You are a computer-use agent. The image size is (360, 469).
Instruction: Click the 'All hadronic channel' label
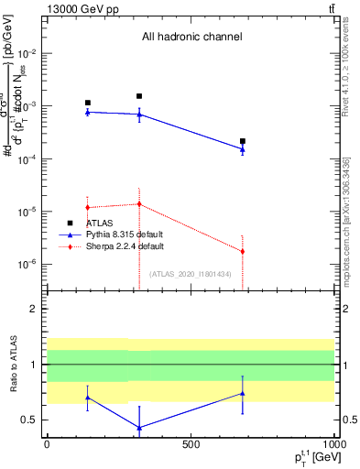(191, 38)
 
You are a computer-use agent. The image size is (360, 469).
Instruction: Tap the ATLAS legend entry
(99, 223)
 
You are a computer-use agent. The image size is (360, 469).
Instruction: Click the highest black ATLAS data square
(139, 96)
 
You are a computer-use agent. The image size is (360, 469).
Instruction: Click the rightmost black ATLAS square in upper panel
(243, 141)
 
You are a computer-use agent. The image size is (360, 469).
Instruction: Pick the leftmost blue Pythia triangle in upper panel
(88, 112)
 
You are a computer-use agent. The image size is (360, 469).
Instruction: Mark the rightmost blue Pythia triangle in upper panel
(243, 149)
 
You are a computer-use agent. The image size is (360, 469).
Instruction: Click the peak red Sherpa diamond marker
(139, 204)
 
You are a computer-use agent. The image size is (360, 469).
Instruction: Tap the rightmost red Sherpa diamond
(243, 251)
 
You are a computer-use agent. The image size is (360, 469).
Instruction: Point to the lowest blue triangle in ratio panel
(139, 428)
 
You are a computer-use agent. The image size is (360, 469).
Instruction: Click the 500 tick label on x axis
(190, 443)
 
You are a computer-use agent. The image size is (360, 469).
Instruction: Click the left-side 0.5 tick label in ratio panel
(31, 420)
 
